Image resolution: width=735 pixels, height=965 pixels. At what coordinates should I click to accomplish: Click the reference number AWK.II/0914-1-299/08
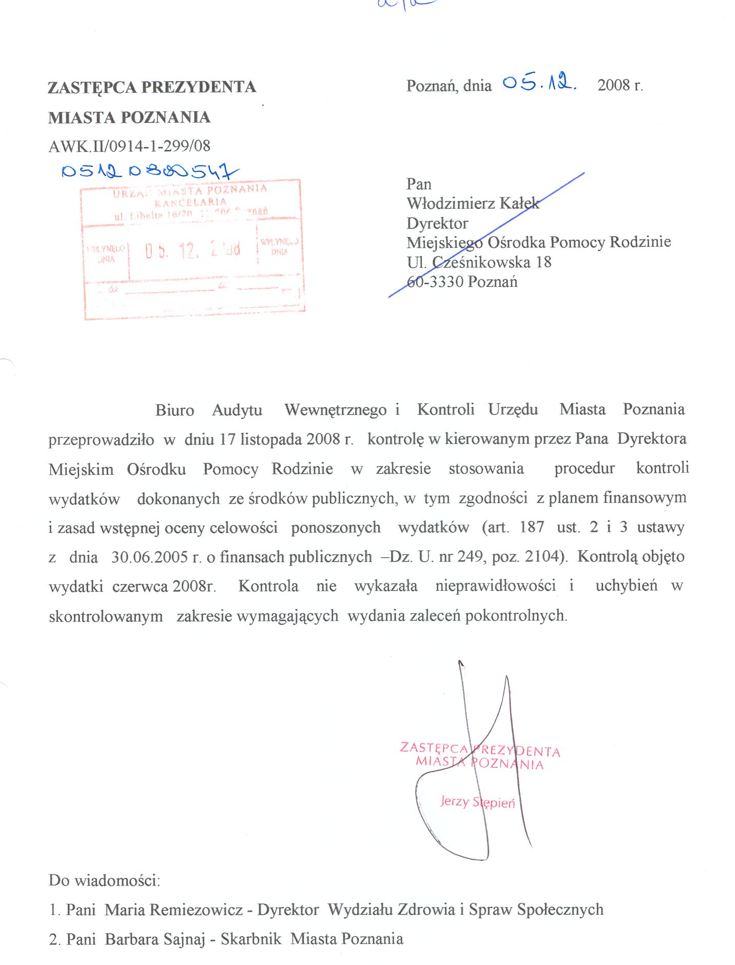129,146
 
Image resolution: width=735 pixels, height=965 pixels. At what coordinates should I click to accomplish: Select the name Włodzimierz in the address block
451,204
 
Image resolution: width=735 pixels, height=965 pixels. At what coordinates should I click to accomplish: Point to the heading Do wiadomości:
104,880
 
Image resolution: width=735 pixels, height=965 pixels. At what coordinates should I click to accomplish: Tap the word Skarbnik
251,939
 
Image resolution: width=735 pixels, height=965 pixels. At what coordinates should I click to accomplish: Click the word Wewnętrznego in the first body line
335,410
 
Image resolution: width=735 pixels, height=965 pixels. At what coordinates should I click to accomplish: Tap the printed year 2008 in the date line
613,85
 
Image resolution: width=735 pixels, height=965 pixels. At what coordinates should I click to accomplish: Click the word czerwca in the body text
140,586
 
